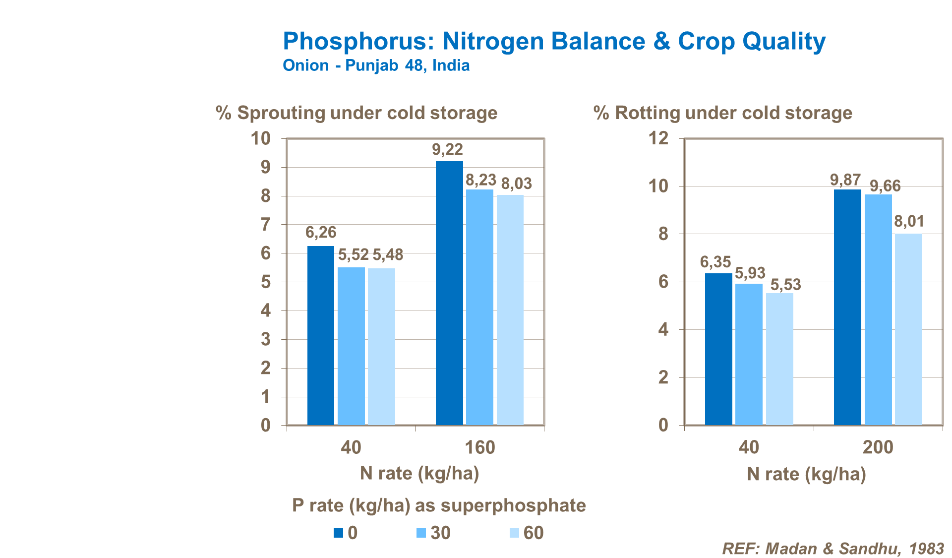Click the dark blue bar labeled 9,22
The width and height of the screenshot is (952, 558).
[x=449, y=293]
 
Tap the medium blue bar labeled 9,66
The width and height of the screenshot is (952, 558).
[x=878, y=310]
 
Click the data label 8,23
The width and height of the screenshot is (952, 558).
[x=480, y=180]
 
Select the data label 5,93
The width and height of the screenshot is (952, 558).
[x=750, y=273]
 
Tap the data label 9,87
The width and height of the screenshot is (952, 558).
[x=845, y=180]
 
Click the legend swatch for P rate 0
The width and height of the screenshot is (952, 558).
[x=338, y=533]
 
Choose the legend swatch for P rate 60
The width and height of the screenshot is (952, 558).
[x=514, y=533]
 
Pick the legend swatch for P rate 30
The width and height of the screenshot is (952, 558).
[x=421, y=533]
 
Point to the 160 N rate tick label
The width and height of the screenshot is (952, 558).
[x=479, y=447]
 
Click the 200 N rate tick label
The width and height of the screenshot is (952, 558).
[x=878, y=447]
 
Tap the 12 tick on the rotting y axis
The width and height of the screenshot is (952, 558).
[x=658, y=138]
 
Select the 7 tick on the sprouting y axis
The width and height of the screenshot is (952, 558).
[x=266, y=225]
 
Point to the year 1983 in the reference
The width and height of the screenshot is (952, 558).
[x=926, y=549]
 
